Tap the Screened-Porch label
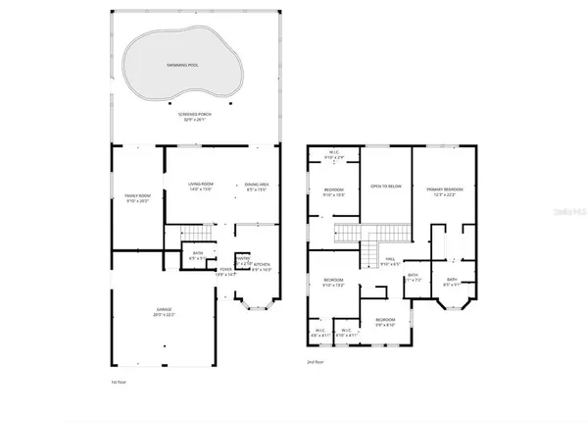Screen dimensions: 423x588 click(x=197, y=117)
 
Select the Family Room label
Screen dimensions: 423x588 click(x=137, y=199)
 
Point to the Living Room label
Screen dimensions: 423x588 click(x=201, y=186)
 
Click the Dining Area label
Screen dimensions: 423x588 click(x=257, y=186)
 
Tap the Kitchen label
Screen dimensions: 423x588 click(x=262, y=266)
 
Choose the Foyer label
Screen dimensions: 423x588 click(x=225, y=271)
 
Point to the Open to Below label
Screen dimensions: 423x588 click(x=386, y=185)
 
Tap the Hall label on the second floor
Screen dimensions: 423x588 click(x=390, y=261)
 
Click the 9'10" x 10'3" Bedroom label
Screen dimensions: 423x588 click(x=333, y=192)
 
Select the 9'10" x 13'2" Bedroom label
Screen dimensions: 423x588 click(x=334, y=284)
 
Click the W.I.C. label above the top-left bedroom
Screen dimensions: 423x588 click(x=334, y=154)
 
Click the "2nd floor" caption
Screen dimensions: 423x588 click(x=316, y=361)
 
